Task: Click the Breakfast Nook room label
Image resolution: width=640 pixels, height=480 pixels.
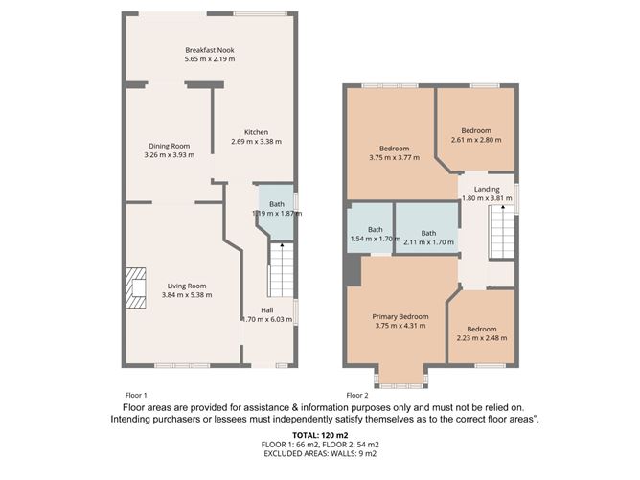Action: coord(210,50)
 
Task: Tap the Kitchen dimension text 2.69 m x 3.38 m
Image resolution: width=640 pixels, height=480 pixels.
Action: coord(257,142)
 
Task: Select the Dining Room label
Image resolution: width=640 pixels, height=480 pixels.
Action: coord(169,146)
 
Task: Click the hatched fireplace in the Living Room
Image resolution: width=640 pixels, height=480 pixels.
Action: coord(135,287)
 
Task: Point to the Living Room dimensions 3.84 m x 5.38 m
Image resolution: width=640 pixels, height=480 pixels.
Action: coord(187,295)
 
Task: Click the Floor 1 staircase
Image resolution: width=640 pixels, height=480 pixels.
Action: coord(281,270)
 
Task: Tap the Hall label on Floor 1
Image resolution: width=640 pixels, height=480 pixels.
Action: coord(267,310)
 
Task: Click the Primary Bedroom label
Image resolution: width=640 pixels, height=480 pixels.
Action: coord(400,317)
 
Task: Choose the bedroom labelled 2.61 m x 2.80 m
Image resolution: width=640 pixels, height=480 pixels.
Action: coord(476,129)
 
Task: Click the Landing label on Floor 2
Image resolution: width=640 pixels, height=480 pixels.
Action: coord(487,189)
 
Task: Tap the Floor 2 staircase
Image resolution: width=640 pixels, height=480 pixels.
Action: coord(502,232)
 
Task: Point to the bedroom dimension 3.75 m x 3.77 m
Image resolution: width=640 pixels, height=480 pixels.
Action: coord(395,157)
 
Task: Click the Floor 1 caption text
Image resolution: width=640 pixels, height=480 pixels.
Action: coord(136,395)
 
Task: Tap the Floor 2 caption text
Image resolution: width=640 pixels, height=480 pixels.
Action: coord(357,395)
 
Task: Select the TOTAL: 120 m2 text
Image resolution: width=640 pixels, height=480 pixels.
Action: coord(320,435)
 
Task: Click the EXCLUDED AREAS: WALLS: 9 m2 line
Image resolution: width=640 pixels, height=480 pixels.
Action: coord(320,453)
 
